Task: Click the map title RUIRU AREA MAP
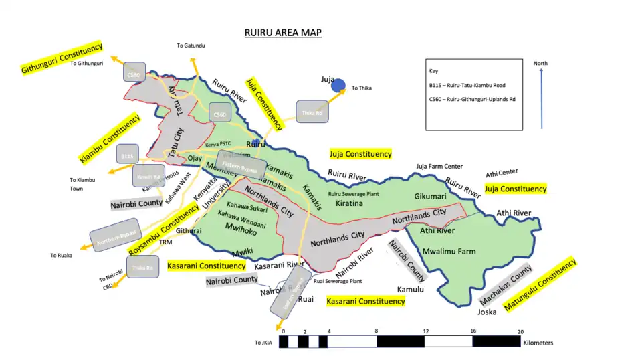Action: tap(283, 33)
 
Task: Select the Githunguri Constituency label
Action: tap(62, 58)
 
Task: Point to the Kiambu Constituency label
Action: tap(110, 139)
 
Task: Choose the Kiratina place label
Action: tap(348, 202)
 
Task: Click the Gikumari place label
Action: tap(430, 197)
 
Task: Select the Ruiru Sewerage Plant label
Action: tap(354, 193)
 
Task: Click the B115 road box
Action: tap(127, 156)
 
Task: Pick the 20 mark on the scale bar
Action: tap(520, 331)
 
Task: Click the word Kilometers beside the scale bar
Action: tap(538, 343)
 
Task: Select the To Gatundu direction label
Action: tap(191, 46)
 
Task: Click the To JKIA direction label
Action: tap(263, 343)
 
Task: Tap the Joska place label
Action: tap(487, 312)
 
